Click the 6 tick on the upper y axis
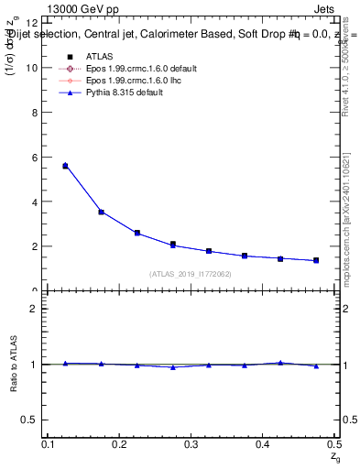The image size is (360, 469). click(35, 157)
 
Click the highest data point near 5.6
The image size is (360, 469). click(65, 166)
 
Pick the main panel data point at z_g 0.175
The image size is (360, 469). click(101, 212)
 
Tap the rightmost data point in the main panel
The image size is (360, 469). click(316, 260)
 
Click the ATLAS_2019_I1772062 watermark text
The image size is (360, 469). click(191, 274)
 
